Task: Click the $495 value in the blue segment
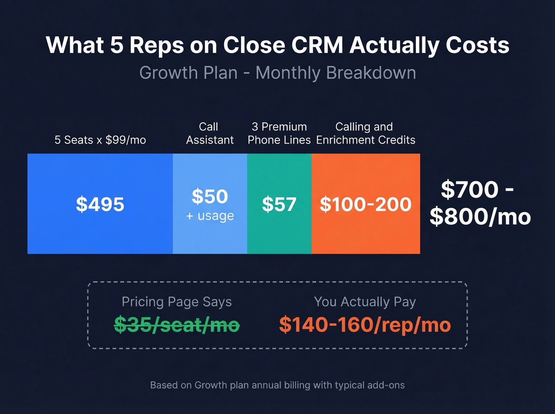(x=100, y=204)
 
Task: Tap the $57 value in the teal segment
(x=279, y=204)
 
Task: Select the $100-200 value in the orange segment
(x=366, y=204)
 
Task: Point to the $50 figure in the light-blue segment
(x=210, y=197)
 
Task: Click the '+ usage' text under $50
(x=210, y=216)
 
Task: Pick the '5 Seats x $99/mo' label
(x=100, y=140)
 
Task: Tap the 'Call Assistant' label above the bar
(x=210, y=133)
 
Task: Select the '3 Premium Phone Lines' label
(x=279, y=133)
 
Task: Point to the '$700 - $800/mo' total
(x=480, y=203)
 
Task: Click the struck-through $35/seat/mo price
(x=177, y=325)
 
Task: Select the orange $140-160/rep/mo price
(x=365, y=325)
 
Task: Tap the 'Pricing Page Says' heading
(x=177, y=302)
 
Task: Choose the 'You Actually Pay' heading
(x=365, y=302)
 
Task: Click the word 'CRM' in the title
(x=317, y=45)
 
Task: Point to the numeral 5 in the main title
(x=117, y=45)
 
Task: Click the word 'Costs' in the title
(x=477, y=45)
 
